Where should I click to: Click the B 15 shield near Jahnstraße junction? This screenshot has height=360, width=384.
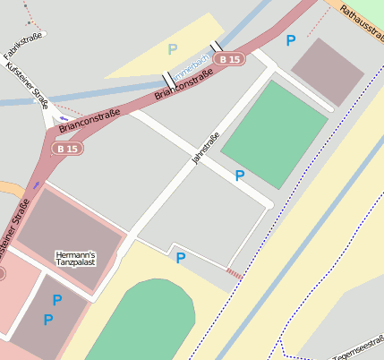pos(230,59)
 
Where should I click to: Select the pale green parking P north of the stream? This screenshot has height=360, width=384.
pos(172,48)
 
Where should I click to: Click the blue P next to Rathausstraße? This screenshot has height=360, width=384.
pos(289,40)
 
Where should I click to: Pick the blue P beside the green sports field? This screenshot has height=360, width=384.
pos(239,176)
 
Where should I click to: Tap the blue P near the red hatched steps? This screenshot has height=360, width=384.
pos(180,258)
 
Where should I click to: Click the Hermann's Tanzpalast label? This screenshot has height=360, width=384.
pos(75,259)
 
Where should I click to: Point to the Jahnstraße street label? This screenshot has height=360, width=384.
pos(205,149)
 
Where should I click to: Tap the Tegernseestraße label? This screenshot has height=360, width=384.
pos(356,353)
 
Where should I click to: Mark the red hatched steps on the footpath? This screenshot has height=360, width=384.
pos(234,272)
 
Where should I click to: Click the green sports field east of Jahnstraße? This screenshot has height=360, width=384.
pos(274,133)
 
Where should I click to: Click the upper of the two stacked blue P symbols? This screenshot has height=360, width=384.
pos(57,300)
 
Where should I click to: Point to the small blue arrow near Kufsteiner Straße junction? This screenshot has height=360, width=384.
pos(63,118)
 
